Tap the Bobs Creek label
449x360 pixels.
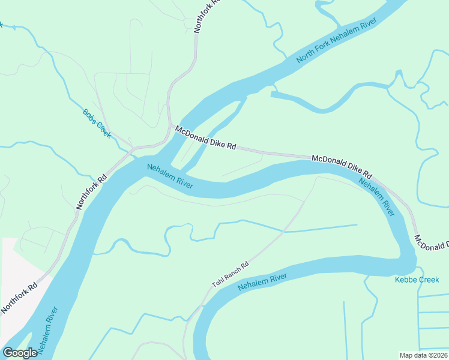[x=97, y=123]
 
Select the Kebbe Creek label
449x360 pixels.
[x=417, y=280]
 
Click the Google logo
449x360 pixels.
[x=20, y=353]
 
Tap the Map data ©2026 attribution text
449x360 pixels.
[x=424, y=355]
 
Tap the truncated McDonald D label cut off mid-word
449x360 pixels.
[x=432, y=243]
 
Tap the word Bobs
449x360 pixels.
[x=89, y=115]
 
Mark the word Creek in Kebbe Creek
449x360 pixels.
[x=429, y=280]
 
